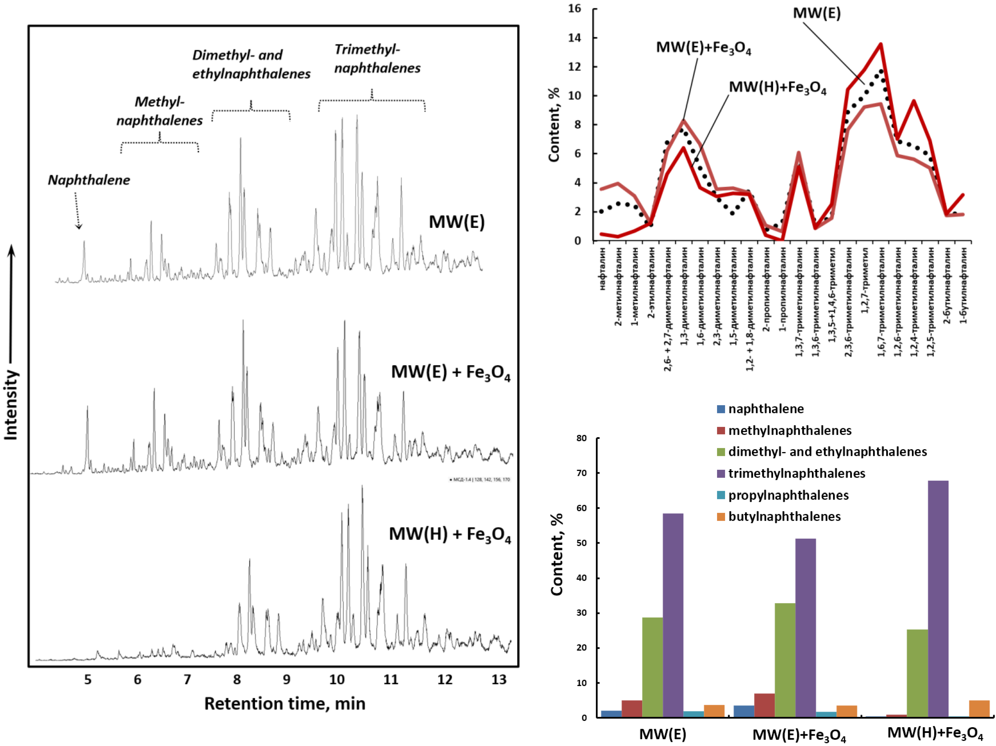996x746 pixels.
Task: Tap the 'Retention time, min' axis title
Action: [285, 703]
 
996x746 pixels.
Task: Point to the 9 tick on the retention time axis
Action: [286, 679]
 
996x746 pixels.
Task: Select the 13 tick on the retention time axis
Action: [499, 679]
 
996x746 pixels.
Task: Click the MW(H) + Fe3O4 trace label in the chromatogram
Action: [450, 534]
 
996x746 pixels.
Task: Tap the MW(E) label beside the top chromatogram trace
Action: [457, 222]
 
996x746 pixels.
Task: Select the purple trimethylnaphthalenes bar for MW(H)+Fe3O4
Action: [938, 599]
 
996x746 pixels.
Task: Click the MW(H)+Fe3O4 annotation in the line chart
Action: [778, 87]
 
